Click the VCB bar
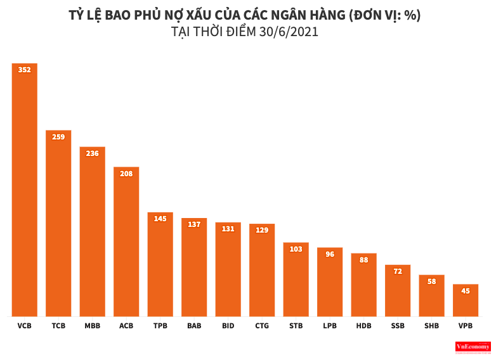coord(25,190)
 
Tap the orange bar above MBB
coord(93,231)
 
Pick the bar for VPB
coord(466,300)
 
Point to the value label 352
coord(25,70)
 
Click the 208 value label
coord(126,173)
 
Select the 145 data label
coord(160,219)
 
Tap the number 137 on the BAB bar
coord(194,224)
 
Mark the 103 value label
coord(296,249)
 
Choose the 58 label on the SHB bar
coord(432,281)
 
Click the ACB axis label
coord(126,326)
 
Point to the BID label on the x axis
coord(228,326)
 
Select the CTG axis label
coord(262,326)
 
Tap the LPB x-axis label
coord(330,326)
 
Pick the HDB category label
coord(364,326)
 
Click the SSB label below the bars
coord(398,326)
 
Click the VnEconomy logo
coord(473,347)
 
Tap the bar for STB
coord(296,280)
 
